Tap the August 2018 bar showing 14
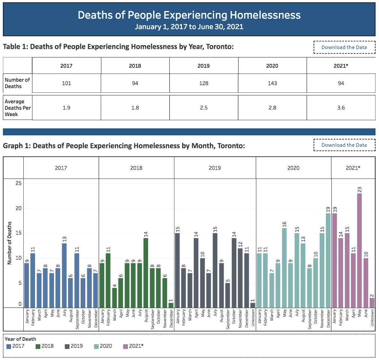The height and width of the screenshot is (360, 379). tap(146, 273)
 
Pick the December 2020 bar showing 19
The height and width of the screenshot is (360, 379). tap(328, 260)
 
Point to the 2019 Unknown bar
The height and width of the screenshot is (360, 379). tap(253, 305)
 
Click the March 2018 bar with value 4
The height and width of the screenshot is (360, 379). tap(114, 298)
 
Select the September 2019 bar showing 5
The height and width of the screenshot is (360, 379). tap(228, 295)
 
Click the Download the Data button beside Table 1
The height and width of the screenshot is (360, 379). tap(344, 47)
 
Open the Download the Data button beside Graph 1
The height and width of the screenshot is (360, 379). tap(344, 145)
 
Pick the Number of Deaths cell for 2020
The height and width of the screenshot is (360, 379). tap(272, 83)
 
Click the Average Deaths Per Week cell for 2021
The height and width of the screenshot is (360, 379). tap(341, 108)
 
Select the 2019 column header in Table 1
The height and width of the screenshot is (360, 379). tap(204, 66)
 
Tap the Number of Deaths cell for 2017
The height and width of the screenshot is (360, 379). tap(66, 83)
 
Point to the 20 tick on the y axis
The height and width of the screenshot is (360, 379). tap(18, 208)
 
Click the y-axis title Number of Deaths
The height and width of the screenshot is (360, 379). tap(9, 243)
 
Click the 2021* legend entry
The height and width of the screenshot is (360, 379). tap(133, 346)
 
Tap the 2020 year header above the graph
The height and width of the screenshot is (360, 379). tap(293, 168)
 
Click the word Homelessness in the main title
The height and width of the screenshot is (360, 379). tap(265, 15)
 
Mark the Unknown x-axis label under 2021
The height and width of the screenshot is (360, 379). tap(372, 318)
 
